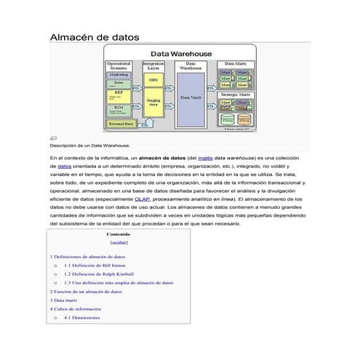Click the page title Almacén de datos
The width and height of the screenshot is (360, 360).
click(93, 36)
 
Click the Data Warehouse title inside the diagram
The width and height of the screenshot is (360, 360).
click(181, 53)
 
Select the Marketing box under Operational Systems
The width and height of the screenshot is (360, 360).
click(119, 75)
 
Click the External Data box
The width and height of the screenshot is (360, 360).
click(121, 124)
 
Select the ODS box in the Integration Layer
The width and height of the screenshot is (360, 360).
click(153, 79)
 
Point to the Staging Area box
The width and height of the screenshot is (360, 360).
click(153, 103)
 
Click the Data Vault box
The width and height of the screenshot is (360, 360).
click(191, 97)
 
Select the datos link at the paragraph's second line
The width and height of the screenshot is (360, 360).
click(64, 167)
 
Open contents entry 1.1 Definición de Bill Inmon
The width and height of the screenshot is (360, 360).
click(100, 266)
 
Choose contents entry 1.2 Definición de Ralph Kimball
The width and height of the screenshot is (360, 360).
click(103, 274)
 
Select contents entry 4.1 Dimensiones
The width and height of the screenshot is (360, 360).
click(82, 318)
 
